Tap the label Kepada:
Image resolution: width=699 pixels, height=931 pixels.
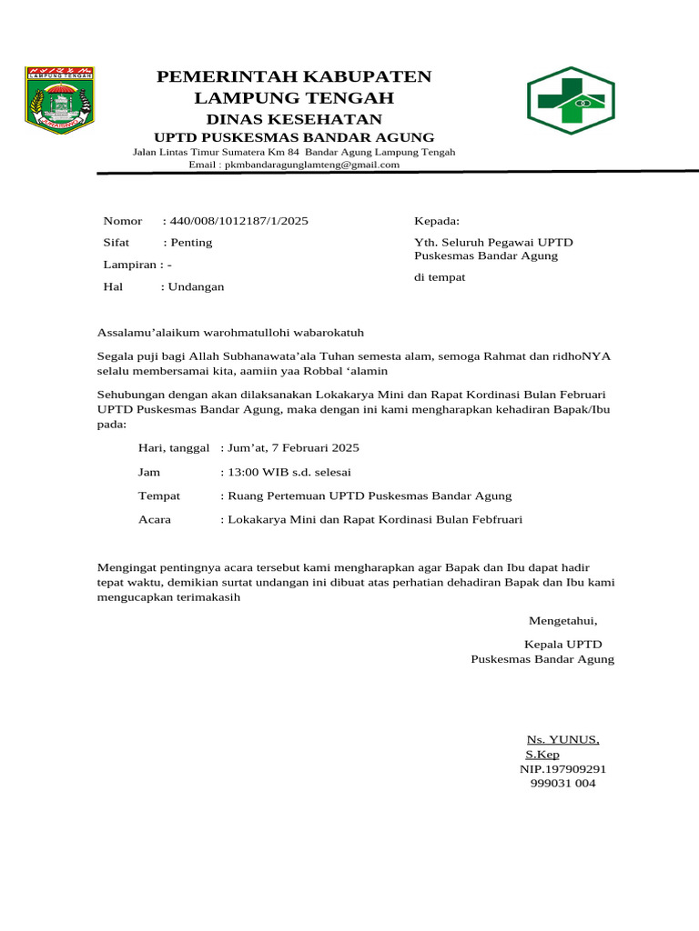(437, 221)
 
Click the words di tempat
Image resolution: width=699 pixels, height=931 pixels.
(440, 277)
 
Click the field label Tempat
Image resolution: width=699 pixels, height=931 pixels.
(159, 496)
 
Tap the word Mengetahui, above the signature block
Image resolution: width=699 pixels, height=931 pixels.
(563, 621)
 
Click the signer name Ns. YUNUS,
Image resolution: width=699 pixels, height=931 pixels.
(563, 739)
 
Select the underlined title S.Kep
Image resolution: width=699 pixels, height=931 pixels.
(542, 755)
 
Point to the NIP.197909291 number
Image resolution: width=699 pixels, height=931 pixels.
(562, 769)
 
